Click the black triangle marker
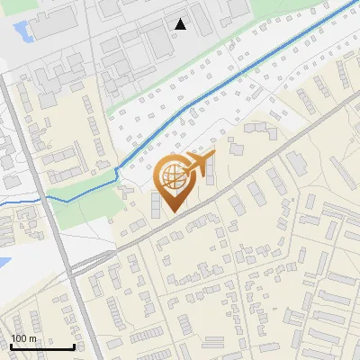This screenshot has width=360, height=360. point(181,24)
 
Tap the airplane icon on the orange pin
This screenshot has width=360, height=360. point(200,164)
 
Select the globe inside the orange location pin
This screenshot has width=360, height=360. point(171,175)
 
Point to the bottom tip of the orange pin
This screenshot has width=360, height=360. point(171,211)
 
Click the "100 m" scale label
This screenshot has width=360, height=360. point(24,338)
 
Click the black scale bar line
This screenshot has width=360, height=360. point(42,346)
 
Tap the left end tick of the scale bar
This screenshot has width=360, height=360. point(11,345)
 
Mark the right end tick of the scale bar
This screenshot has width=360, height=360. point(74,345)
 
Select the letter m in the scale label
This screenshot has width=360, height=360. point(33,338)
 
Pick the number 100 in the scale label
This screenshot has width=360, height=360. point(20,338)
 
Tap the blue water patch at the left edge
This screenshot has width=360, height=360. point(4,264)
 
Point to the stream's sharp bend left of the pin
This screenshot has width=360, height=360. point(118,171)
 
